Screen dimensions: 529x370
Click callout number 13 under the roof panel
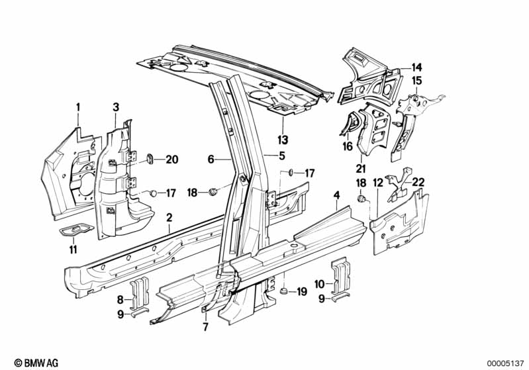(x=283, y=139)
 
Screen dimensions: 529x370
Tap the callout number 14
(x=416, y=68)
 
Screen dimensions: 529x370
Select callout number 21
(x=361, y=168)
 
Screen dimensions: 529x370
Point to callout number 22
(x=418, y=182)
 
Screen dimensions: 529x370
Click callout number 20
(x=171, y=160)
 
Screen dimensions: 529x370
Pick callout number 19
(x=302, y=291)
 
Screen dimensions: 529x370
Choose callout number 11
(x=73, y=250)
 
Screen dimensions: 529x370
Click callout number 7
(x=205, y=326)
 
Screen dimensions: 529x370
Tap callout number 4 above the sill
(x=336, y=195)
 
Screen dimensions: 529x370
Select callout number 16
(x=348, y=146)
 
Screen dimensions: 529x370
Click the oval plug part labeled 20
(x=149, y=158)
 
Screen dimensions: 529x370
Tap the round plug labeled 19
(x=284, y=291)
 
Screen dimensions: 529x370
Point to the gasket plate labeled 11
(x=76, y=231)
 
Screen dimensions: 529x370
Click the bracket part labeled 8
(x=140, y=293)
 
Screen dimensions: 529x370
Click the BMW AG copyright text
(x=36, y=363)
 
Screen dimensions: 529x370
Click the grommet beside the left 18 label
(x=213, y=191)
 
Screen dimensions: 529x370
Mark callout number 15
(x=416, y=81)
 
